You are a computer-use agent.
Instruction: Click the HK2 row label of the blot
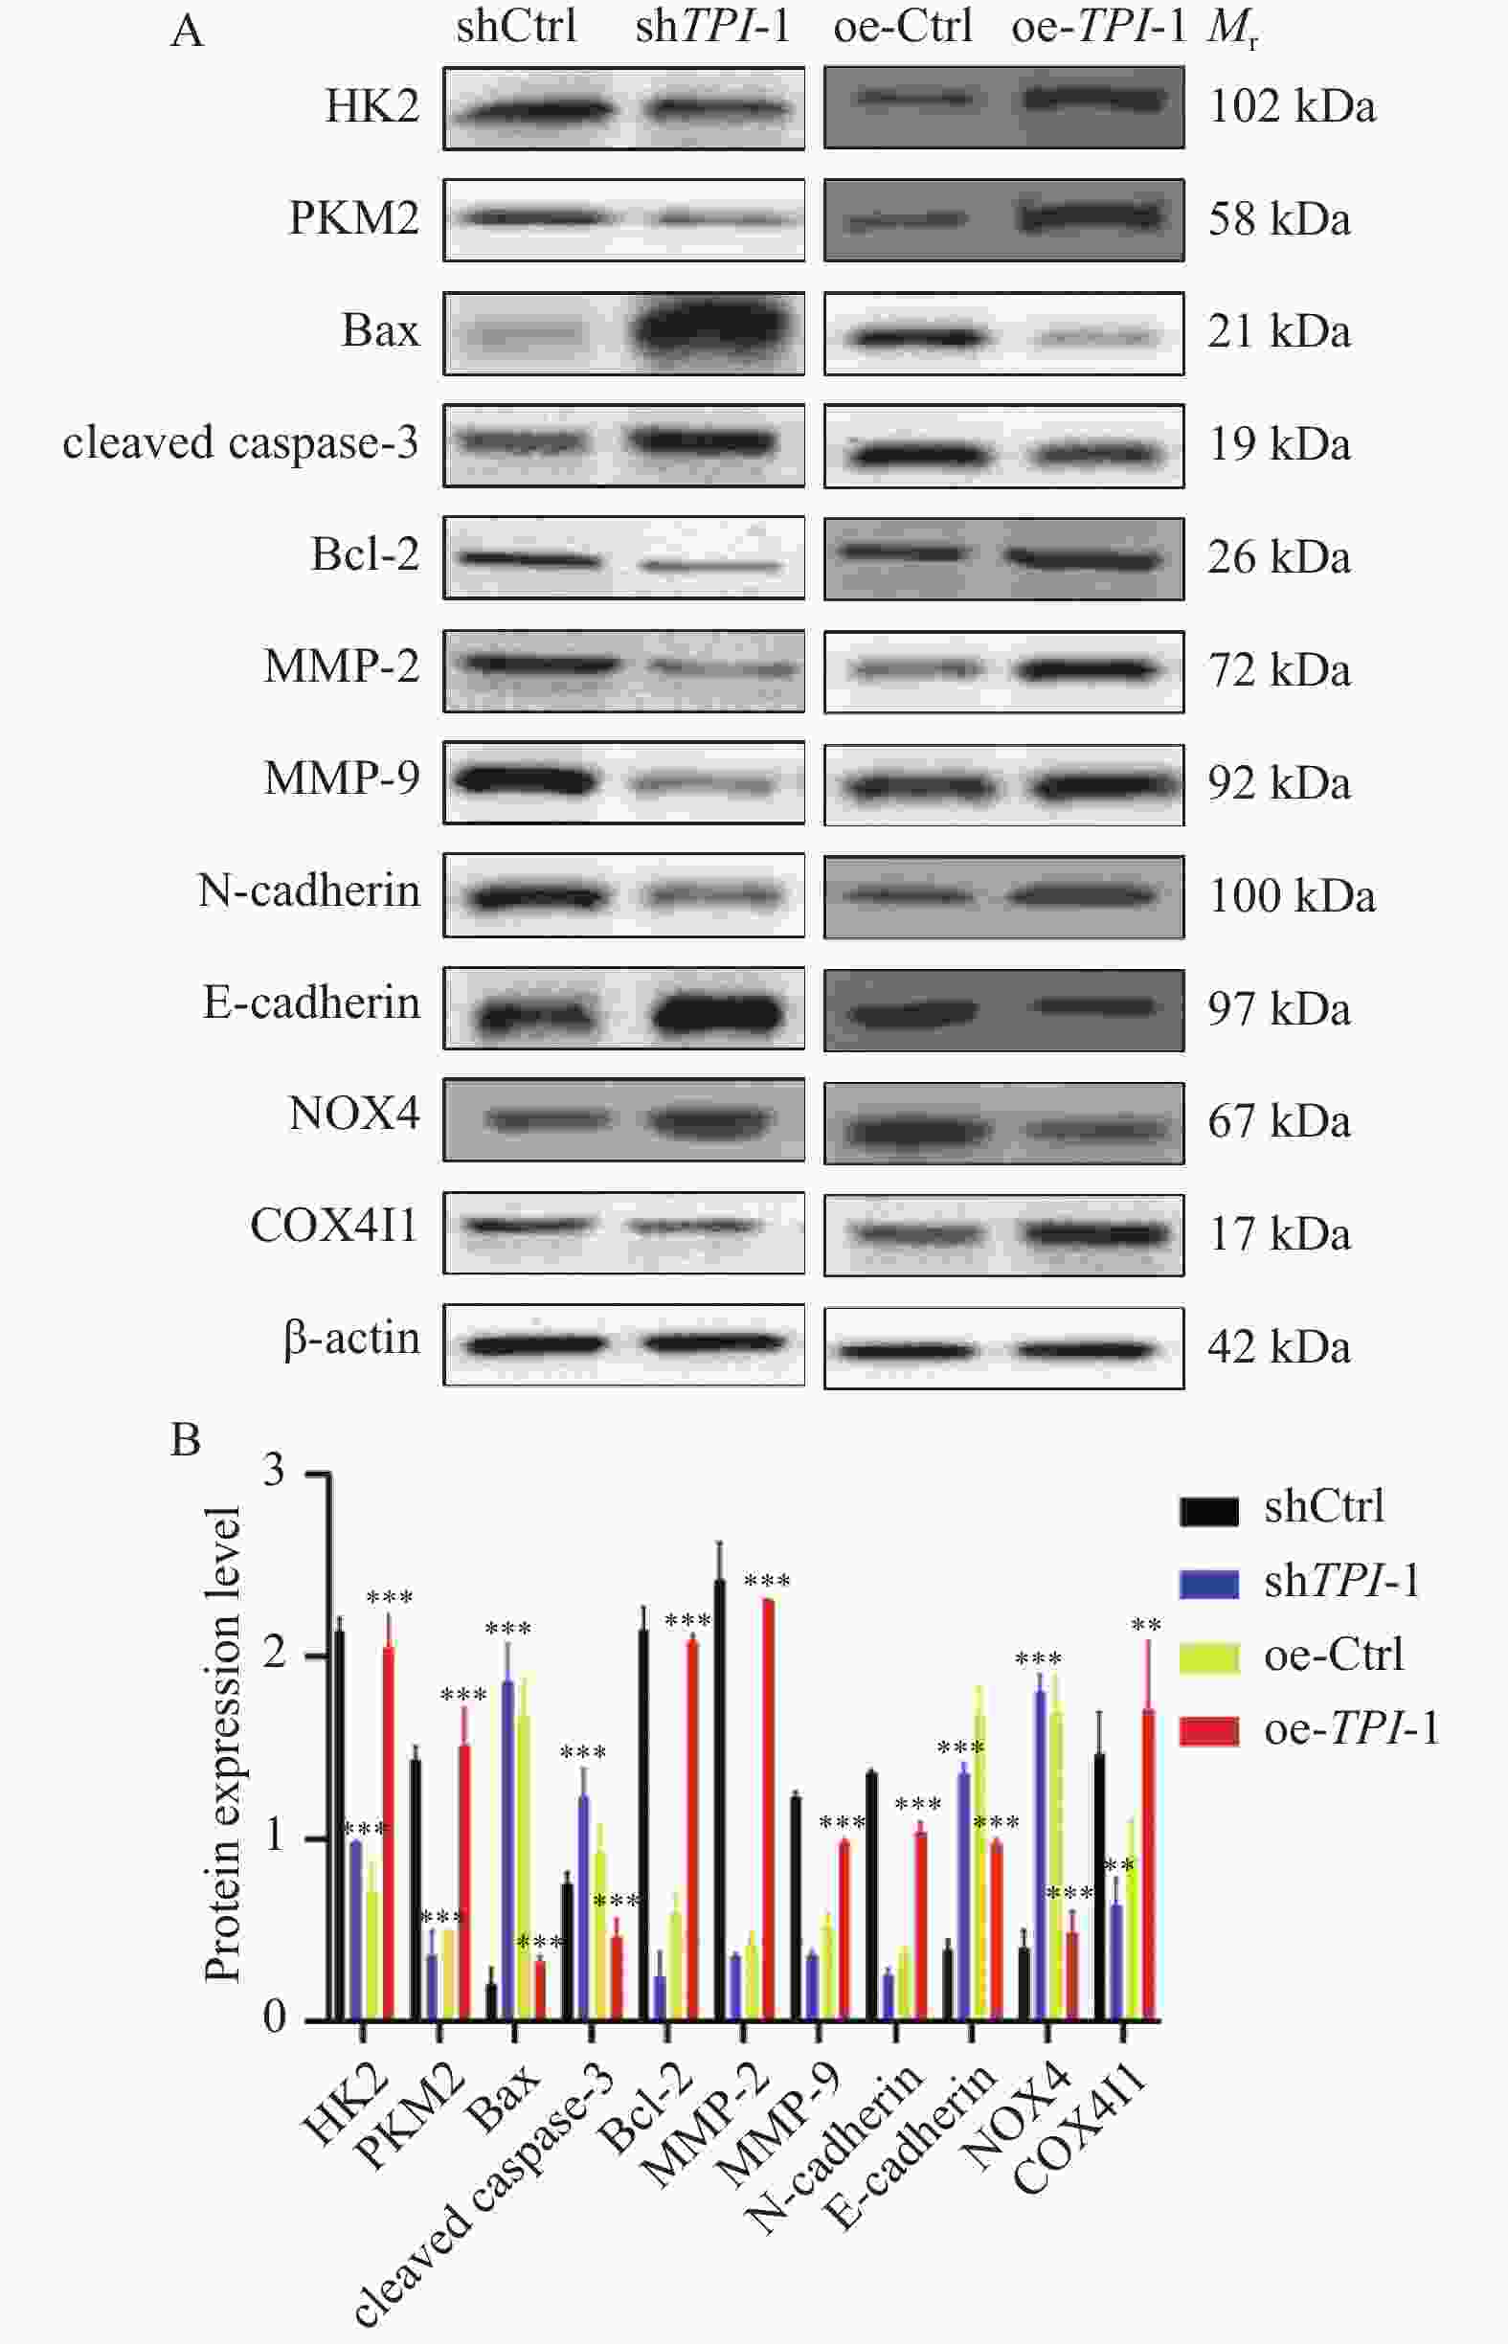(x=372, y=105)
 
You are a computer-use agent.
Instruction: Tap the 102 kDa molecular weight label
(x=1292, y=105)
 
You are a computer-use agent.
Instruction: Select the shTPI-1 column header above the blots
(x=712, y=27)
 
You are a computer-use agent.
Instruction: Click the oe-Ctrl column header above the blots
(x=903, y=27)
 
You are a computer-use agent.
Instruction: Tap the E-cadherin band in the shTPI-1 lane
(x=718, y=1012)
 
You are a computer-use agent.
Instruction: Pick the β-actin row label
(x=352, y=1339)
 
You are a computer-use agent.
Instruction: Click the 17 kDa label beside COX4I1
(x=1279, y=1233)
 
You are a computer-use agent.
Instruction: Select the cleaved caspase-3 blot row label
(x=241, y=443)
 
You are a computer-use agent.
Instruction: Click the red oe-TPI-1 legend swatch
(x=1208, y=1731)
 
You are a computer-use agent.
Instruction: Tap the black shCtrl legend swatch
(x=1208, y=1511)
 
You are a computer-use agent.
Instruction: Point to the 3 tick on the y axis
(x=274, y=1473)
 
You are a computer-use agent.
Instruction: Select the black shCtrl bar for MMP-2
(x=720, y=1802)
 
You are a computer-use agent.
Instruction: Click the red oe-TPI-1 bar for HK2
(x=389, y=1831)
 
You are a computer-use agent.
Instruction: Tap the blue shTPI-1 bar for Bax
(x=507, y=1851)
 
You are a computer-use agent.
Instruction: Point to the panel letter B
(x=185, y=1440)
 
